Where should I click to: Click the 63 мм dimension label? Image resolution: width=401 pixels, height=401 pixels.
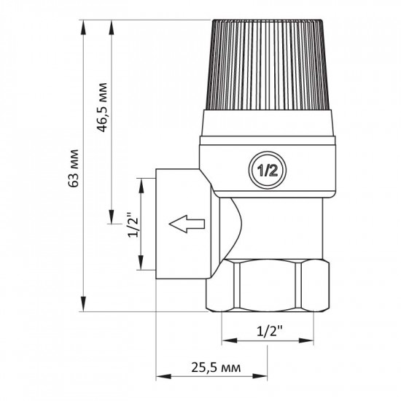pyautogui.click(x=74, y=171)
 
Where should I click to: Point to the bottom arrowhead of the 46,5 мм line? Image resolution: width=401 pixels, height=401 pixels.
pyautogui.click(x=112, y=218)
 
